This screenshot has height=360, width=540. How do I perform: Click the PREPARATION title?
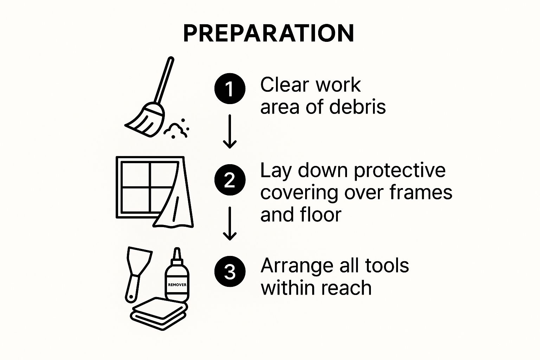(269, 33)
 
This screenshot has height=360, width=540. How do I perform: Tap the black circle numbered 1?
(230, 89)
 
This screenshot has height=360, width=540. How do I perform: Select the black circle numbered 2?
(230, 180)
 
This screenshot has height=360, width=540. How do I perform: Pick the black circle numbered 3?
(230, 271)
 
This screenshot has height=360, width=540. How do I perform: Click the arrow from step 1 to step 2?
(230, 131)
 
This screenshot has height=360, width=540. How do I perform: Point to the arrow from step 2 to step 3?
(230, 224)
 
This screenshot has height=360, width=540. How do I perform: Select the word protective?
(400, 171)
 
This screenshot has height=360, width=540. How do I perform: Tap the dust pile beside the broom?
(176, 129)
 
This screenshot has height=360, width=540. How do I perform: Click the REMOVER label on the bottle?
(177, 285)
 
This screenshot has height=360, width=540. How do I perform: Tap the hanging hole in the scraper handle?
(131, 297)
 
